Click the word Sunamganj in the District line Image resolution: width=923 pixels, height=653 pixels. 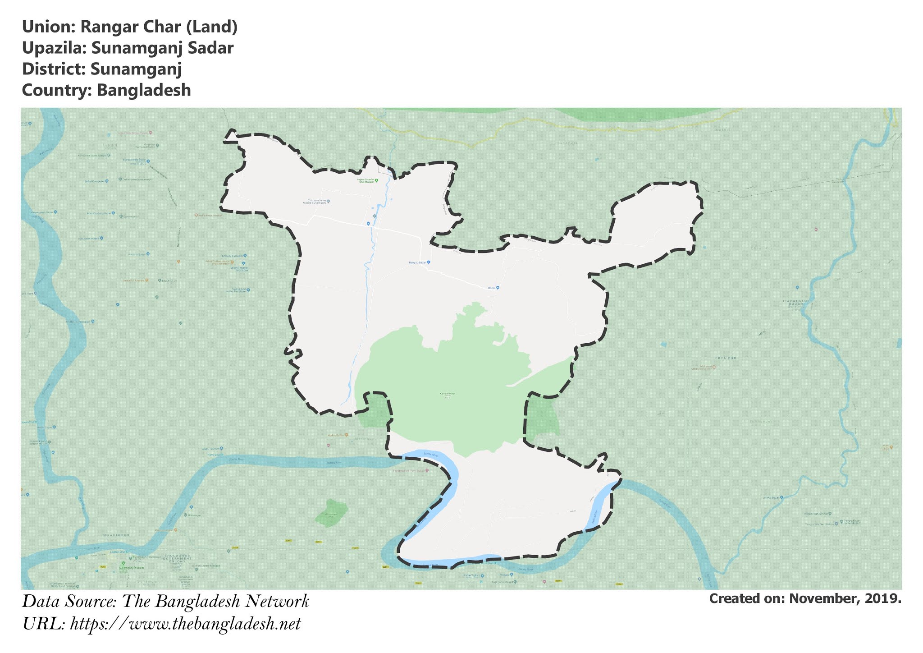point(136,69)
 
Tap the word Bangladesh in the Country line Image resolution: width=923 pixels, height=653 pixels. point(144,90)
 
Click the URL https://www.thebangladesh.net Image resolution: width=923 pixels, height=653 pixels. point(185,624)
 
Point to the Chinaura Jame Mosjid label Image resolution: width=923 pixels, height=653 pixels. point(316,202)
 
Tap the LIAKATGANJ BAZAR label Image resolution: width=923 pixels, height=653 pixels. point(796,303)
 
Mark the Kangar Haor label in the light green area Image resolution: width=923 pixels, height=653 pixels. point(447,394)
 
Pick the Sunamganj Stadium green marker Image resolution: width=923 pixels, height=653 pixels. point(123,564)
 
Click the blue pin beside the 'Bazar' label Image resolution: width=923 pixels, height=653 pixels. point(498,288)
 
